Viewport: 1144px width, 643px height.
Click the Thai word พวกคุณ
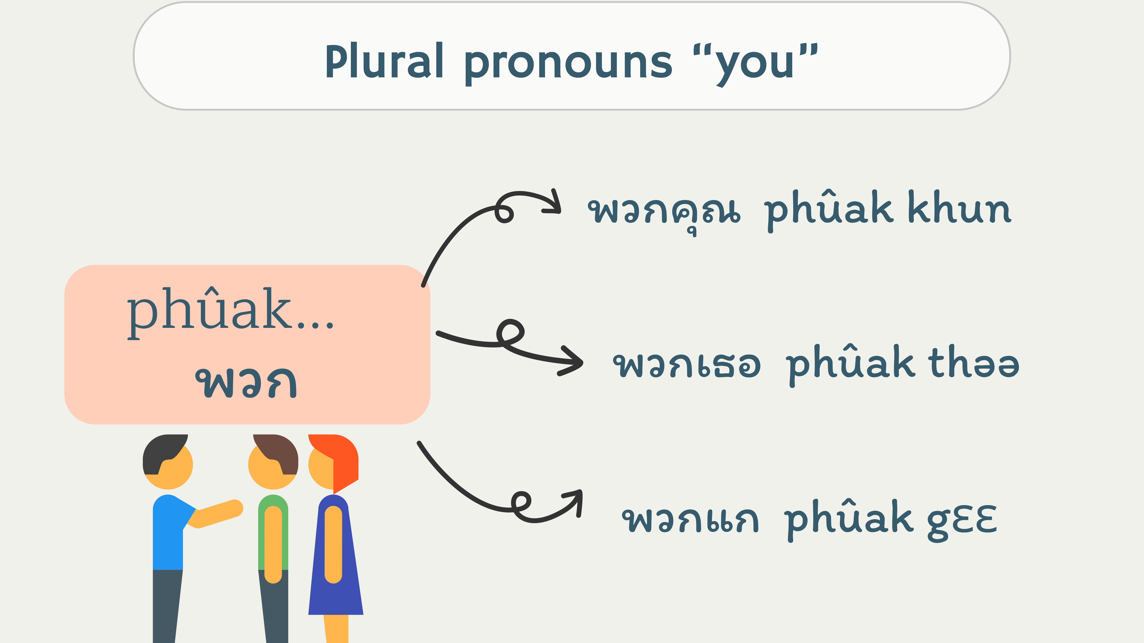tap(664, 212)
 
